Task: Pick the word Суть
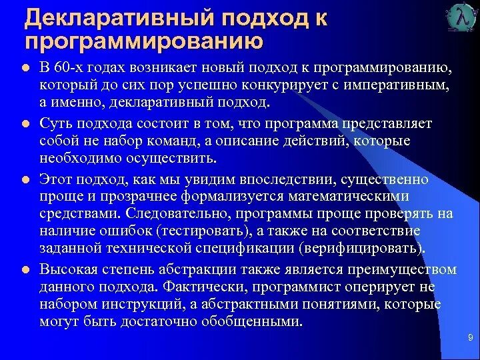click(x=55, y=123)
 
